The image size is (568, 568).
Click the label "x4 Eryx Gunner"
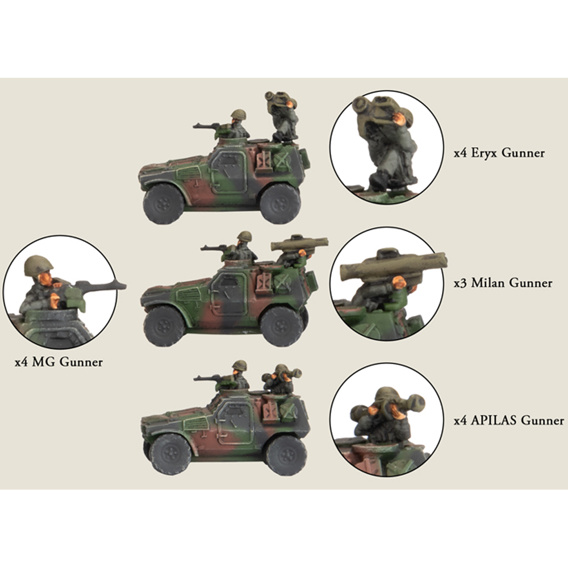tap(499, 153)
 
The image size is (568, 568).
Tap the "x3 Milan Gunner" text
tap(503, 282)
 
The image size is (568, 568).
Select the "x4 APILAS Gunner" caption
tap(508, 420)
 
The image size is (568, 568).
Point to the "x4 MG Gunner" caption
tap(59, 362)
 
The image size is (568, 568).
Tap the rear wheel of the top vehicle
tap(281, 203)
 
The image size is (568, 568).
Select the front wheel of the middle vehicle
tap(164, 327)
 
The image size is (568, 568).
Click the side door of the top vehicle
tap(229, 171)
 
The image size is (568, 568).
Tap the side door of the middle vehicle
tap(229, 294)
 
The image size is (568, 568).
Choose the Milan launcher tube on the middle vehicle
tap(299, 244)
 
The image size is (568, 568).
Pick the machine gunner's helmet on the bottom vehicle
tap(240, 365)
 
